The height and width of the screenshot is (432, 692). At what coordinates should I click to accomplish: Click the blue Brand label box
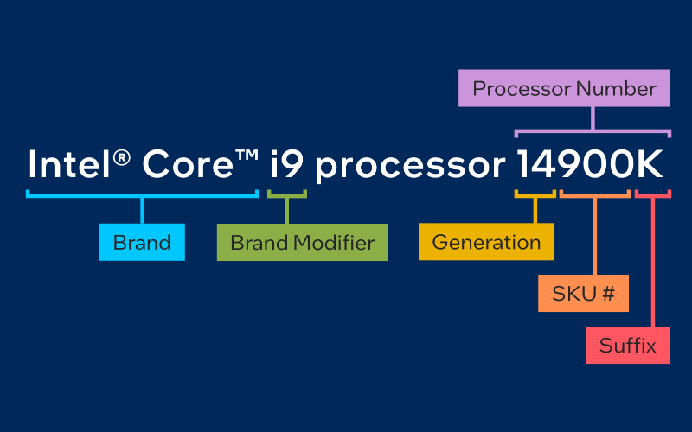tap(142, 242)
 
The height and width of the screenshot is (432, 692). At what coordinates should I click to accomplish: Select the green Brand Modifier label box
tap(302, 242)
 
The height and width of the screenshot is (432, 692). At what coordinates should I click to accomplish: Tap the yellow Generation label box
tap(486, 242)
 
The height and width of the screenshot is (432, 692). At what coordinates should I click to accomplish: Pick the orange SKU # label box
tap(583, 294)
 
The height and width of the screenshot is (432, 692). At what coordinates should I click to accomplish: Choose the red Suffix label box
tap(627, 346)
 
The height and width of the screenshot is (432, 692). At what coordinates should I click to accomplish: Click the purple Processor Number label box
tap(564, 88)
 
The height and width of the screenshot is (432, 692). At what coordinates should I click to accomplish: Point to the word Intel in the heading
tap(71, 164)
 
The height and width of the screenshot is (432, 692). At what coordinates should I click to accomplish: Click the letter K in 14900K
tap(650, 164)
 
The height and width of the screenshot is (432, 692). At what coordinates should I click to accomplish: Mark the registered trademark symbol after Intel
tap(124, 154)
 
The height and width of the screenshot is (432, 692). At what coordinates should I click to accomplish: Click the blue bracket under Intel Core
tap(142, 194)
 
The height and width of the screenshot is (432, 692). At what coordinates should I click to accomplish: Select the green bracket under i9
tap(287, 194)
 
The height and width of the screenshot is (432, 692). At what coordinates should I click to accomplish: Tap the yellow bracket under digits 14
tap(535, 194)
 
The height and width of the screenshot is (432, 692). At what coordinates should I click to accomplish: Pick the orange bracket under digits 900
tap(595, 194)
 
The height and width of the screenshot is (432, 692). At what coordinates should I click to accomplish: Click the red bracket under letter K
tap(652, 194)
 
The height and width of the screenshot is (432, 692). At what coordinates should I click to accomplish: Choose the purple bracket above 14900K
tap(593, 132)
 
